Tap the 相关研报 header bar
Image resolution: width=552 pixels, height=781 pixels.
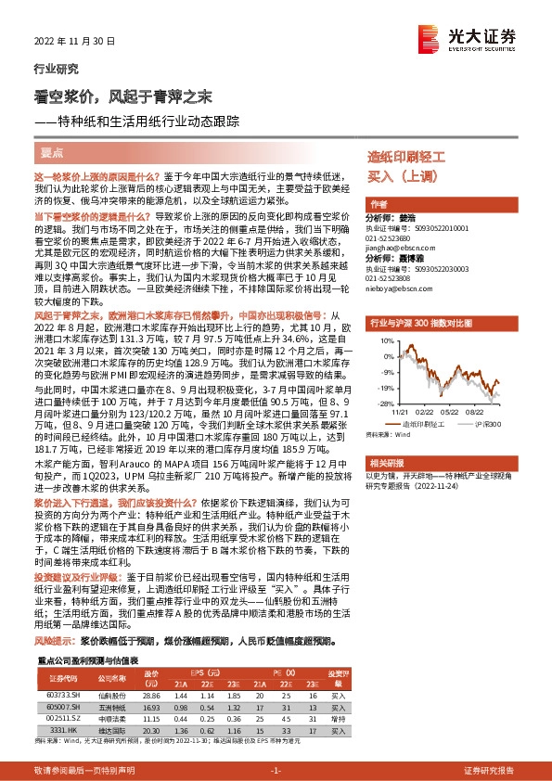point(385,461)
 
